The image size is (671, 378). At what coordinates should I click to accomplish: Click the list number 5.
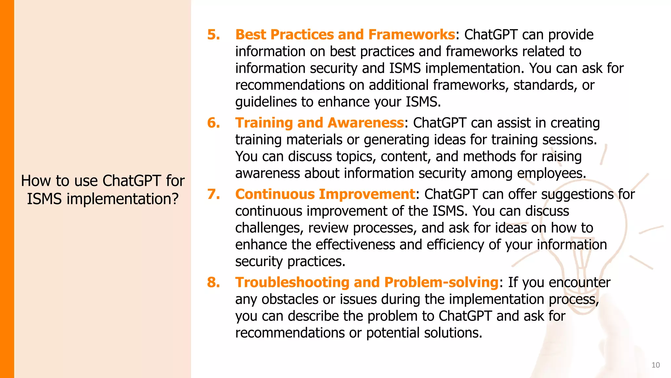[x=213, y=35]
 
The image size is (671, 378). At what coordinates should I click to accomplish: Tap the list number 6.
[x=213, y=123]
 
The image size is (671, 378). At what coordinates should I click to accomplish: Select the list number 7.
[x=213, y=194]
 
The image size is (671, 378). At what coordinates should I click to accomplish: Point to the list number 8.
[x=213, y=283]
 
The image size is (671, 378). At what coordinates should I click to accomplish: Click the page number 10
[x=655, y=365]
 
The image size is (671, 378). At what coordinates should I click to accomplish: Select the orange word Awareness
[x=365, y=123]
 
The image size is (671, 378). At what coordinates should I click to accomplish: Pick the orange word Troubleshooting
[x=292, y=283]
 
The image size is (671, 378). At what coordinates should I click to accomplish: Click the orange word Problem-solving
[x=441, y=283]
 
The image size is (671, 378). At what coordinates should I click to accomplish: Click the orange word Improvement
[x=367, y=194]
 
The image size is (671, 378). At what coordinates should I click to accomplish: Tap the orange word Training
[x=264, y=123]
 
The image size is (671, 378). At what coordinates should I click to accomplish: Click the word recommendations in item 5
[x=290, y=85]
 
